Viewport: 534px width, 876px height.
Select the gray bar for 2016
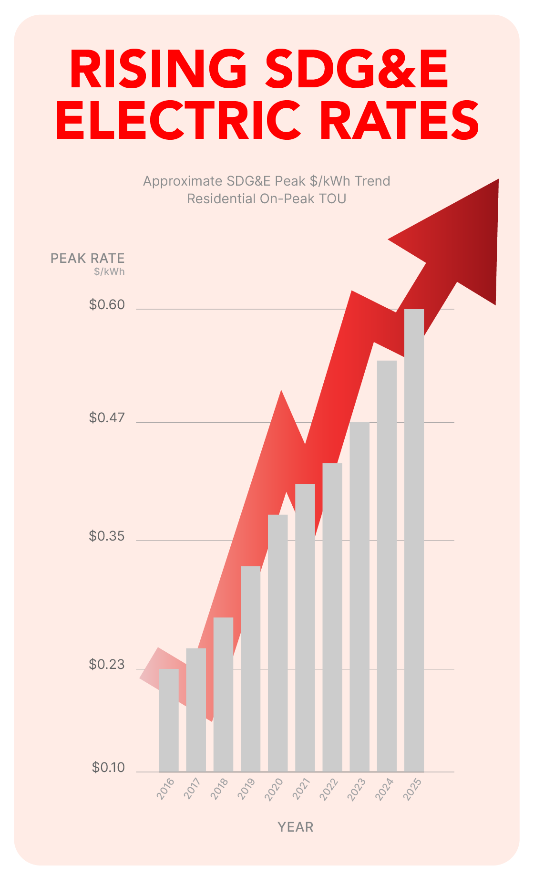(x=168, y=720)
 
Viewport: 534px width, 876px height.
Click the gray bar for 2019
(x=250, y=668)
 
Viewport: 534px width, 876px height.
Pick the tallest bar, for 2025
(x=414, y=539)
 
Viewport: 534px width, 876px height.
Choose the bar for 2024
(x=387, y=565)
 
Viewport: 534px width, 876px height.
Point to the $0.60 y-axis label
(x=107, y=304)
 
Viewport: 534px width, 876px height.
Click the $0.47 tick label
(x=107, y=418)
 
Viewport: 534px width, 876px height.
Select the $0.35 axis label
(x=107, y=536)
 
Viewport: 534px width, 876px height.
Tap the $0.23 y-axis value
(x=107, y=664)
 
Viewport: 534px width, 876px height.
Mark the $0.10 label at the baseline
(x=108, y=767)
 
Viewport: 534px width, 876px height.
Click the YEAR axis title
(x=296, y=827)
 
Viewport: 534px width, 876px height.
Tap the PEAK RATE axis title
(x=88, y=259)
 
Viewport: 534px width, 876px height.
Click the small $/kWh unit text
(x=109, y=271)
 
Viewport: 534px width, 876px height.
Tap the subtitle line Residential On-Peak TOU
(x=267, y=198)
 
